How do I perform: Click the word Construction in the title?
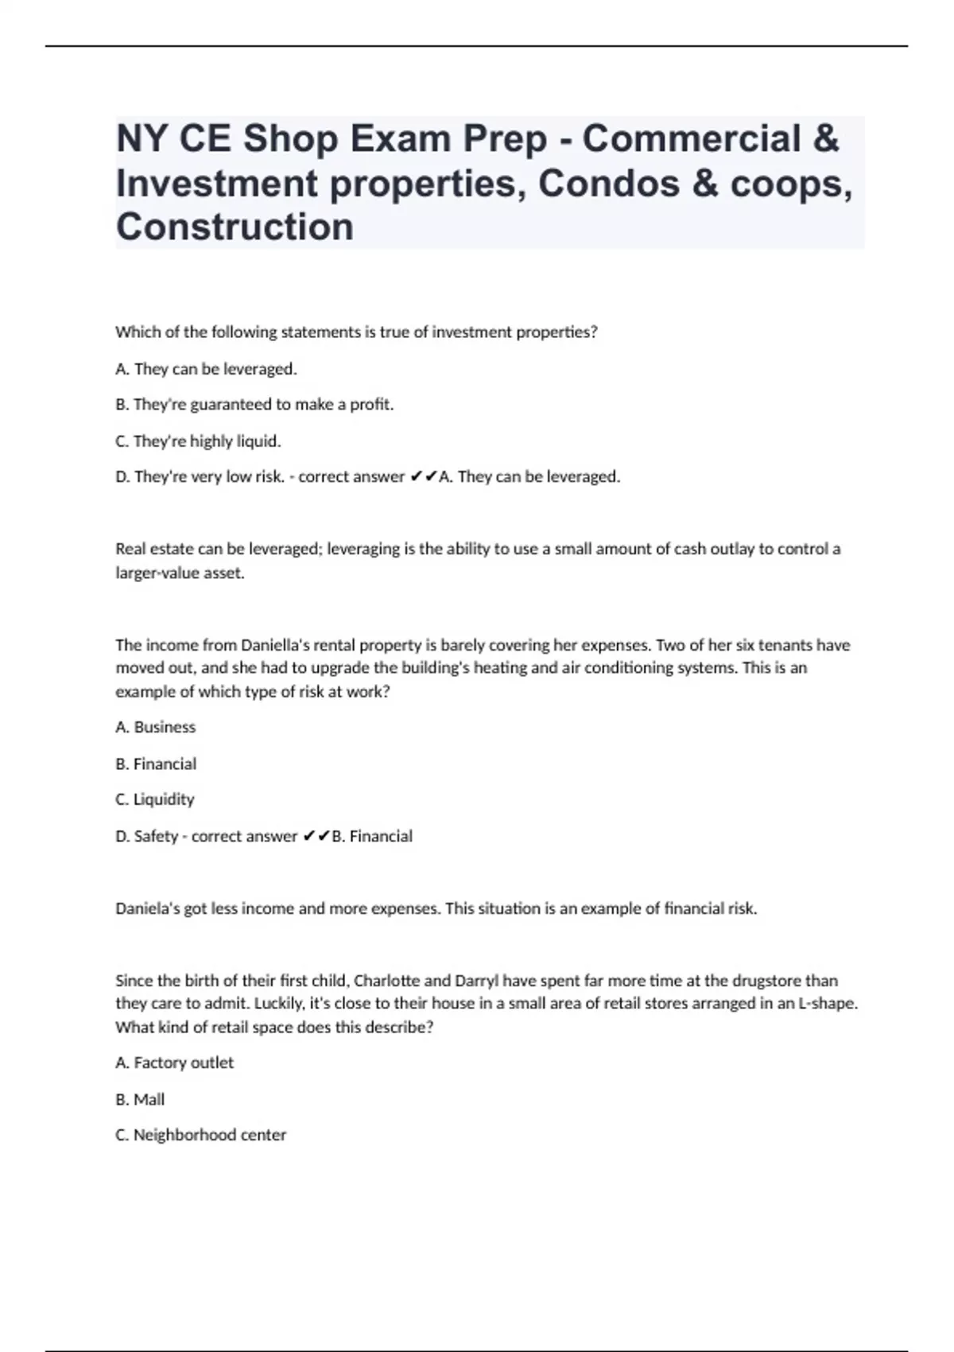pyautogui.click(x=235, y=227)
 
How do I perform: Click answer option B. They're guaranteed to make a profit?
pyautogui.click(x=254, y=404)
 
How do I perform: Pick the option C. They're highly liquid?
pyautogui.click(x=198, y=441)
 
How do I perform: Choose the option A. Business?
pyautogui.click(x=155, y=727)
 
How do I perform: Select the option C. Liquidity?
pyautogui.click(x=154, y=799)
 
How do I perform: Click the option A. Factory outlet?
pyautogui.click(x=174, y=1063)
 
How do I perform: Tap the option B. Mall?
pyautogui.click(x=140, y=1099)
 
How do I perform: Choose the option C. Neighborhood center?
pyautogui.click(x=200, y=1135)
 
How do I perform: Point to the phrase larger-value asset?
pyautogui.click(x=180, y=573)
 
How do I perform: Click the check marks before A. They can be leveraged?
pyautogui.click(x=423, y=477)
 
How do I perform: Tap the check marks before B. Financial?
pyautogui.click(x=316, y=836)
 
